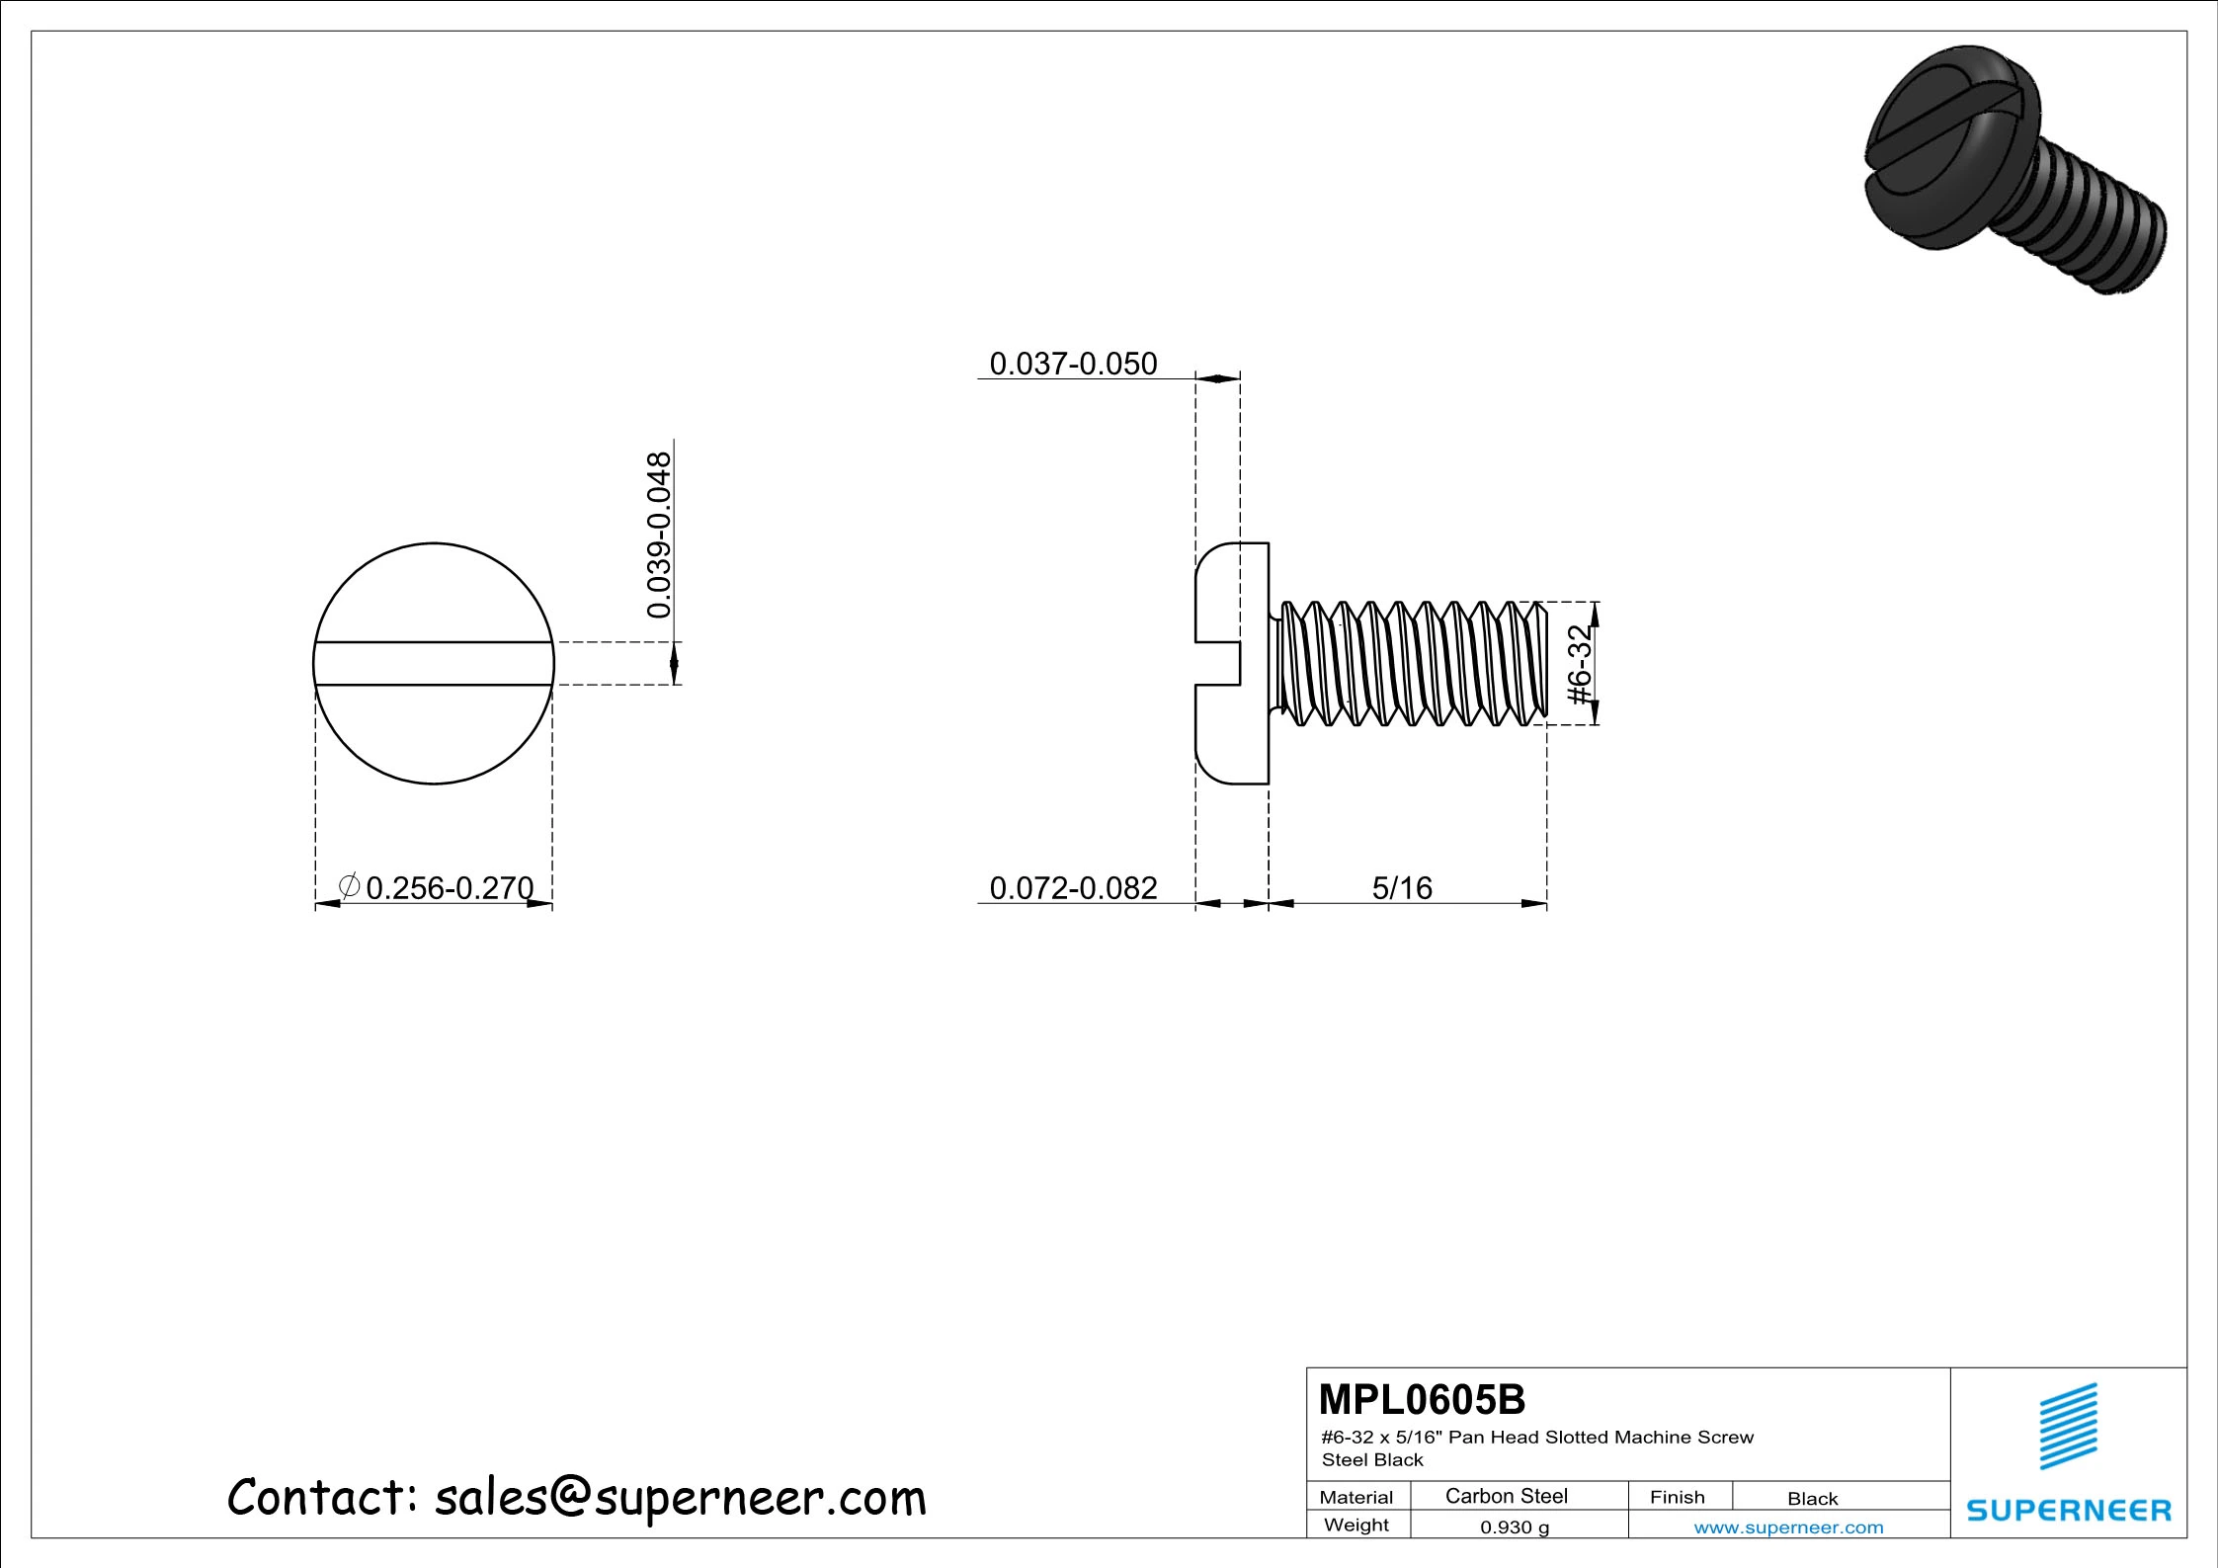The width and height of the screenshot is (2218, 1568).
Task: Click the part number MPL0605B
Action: tap(1422, 1400)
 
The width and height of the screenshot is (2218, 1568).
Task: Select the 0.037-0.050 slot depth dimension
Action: tap(1073, 364)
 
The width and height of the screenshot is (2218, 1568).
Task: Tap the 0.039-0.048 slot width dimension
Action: tap(659, 535)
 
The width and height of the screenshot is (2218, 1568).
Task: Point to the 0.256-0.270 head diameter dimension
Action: tap(450, 887)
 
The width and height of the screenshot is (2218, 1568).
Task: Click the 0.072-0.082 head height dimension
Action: tap(1073, 887)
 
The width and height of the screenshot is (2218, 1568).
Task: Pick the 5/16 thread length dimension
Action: tap(1402, 887)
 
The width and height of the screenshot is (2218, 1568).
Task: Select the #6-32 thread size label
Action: tap(1582, 665)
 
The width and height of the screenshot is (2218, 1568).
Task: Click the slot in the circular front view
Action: tap(434, 663)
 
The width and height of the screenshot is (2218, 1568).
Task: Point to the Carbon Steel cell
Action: tap(1506, 1496)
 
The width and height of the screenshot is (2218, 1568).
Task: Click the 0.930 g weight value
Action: tap(1515, 1527)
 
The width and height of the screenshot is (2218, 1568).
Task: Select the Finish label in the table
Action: tap(1677, 1497)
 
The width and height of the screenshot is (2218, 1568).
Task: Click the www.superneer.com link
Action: tap(1788, 1527)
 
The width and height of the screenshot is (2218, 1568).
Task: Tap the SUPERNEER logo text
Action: tap(2068, 1511)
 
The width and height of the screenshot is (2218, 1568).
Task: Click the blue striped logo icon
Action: tap(2068, 1426)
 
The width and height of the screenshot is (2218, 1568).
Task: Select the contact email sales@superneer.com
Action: tap(681, 1498)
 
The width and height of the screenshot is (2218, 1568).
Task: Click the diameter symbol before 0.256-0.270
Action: tap(348, 886)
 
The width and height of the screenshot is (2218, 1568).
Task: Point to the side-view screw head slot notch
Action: tap(1218, 663)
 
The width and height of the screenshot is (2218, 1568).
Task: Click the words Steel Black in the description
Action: tap(1372, 1460)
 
